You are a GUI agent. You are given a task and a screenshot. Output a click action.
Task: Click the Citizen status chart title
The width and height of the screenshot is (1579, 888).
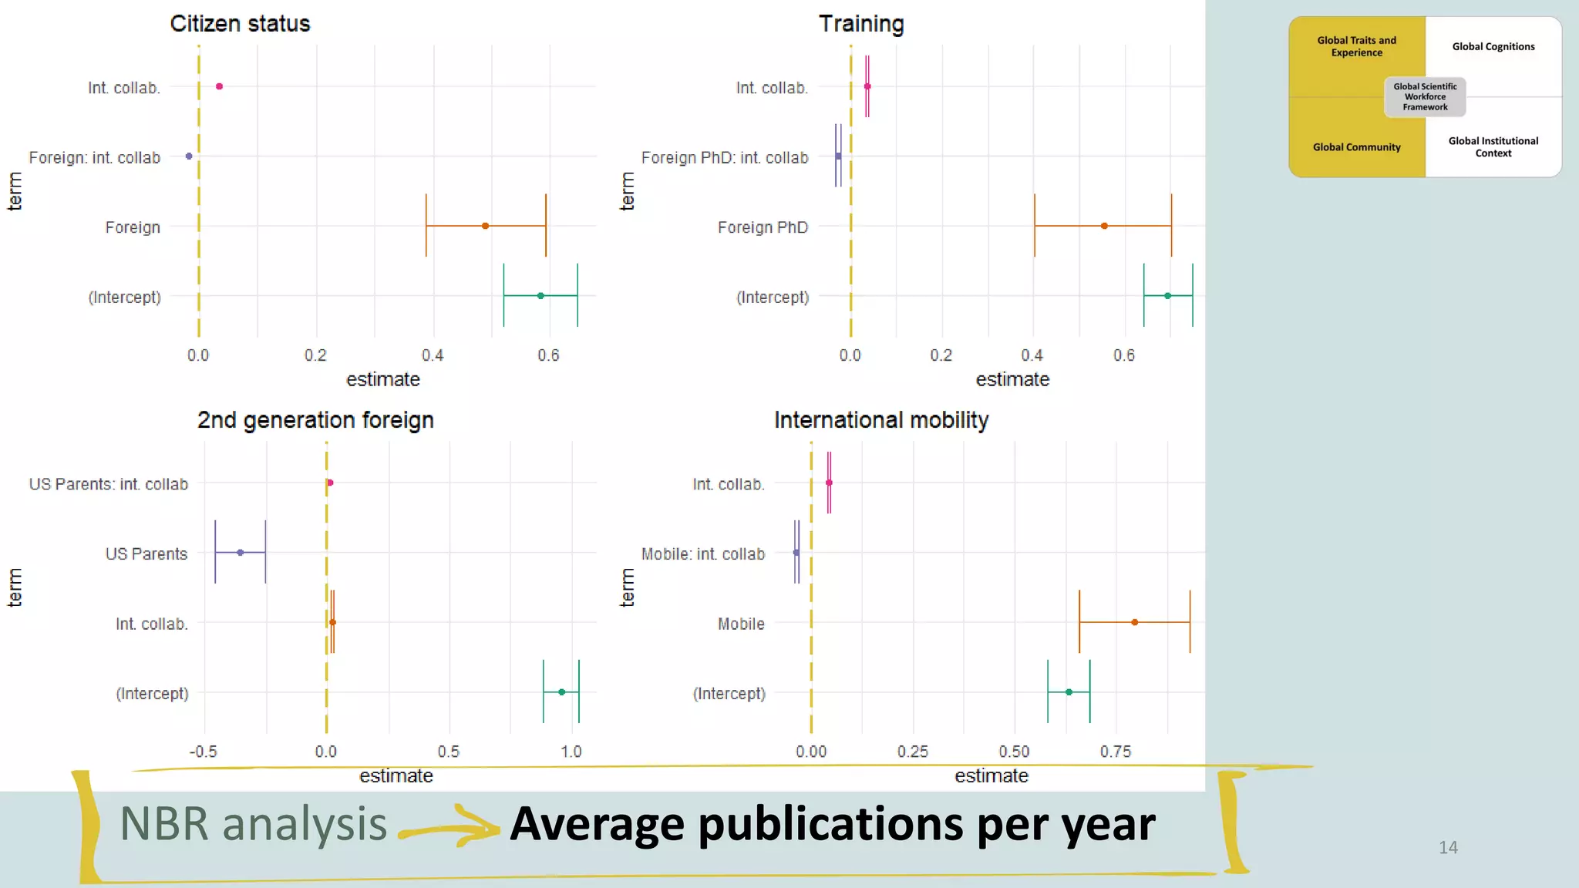240,24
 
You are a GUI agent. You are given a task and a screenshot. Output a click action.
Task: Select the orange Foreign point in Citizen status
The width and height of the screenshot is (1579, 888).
485,226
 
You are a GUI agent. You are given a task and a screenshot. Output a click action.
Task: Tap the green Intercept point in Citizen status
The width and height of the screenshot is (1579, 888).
540,296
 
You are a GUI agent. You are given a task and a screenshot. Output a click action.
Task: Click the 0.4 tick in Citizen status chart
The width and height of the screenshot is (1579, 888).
433,355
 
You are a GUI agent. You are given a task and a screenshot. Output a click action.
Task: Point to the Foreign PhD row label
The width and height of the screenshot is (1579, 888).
763,227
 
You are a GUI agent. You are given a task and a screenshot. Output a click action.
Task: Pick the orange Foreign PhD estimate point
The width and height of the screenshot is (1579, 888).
1104,226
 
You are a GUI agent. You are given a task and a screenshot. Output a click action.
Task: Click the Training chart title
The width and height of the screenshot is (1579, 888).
861,24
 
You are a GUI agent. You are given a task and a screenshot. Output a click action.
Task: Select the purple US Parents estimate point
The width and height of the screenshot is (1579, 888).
241,553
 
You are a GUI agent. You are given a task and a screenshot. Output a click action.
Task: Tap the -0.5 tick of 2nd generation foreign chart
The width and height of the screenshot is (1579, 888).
203,752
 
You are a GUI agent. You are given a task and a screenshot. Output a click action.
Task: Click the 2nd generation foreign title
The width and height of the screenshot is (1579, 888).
315,420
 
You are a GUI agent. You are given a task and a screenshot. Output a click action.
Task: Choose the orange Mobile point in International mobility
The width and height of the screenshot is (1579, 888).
1134,622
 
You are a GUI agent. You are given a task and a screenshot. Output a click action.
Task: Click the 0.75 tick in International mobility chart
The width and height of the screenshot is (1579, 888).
1115,752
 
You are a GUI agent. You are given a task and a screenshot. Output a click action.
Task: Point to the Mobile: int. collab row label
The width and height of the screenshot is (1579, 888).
702,554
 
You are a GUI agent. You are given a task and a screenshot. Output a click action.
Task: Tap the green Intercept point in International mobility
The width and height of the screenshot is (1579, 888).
1069,692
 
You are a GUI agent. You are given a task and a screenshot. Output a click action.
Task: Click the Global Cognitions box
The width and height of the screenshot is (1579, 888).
1493,47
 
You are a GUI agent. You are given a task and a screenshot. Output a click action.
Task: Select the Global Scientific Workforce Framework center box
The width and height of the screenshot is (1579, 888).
1425,97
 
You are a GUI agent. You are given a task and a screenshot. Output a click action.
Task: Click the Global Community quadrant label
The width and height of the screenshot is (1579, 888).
1356,147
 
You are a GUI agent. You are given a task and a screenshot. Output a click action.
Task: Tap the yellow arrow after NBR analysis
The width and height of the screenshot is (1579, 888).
451,827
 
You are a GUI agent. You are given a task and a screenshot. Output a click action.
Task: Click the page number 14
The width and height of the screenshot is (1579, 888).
1448,848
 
